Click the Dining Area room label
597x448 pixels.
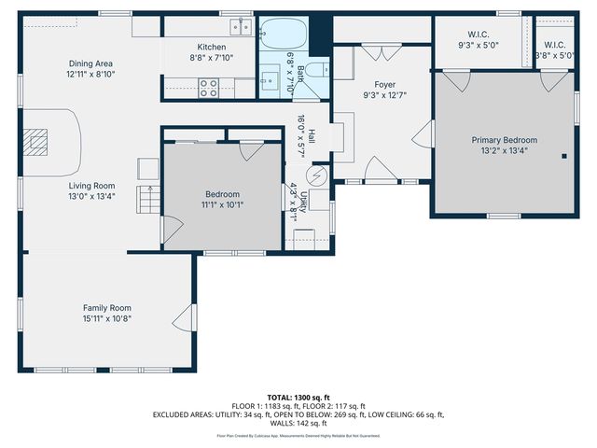click(x=90, y=63)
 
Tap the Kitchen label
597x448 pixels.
click(x=211, y=47)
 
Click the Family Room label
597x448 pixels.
click(x=106, y=308)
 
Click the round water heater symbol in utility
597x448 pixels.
click(x=317, y=175)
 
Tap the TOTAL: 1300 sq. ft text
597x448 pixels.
click(x=298, y=397)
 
